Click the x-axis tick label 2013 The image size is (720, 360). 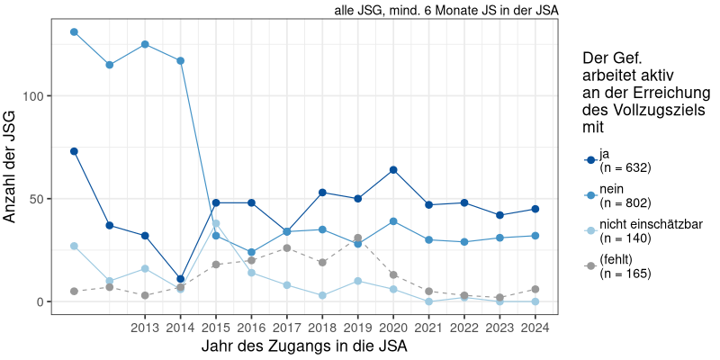coord(145,327)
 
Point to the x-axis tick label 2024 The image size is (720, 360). coord(535,327)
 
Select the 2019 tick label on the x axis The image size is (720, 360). coord(358,327)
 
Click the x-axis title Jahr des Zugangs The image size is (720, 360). coord(305,346)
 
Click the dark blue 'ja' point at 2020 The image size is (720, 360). coord(393,170)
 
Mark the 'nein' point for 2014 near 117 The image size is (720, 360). coord(181,61)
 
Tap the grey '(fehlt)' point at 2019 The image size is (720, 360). coord(358,238)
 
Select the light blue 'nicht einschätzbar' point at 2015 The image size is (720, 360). coord(216,223)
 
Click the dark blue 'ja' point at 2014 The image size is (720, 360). coord(181,279)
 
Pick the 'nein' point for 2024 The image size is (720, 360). coord(535,236)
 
